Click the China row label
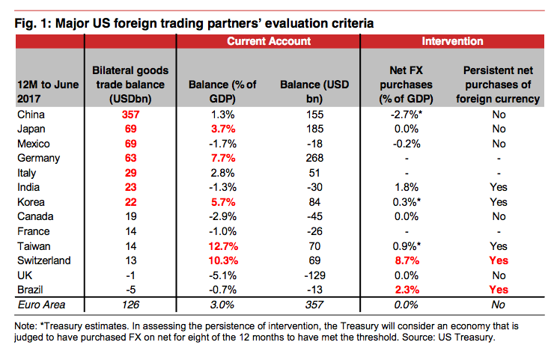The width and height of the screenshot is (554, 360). pos(32,115)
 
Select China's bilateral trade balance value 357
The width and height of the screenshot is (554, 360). pos(130,115)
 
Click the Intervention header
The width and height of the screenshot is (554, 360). pos(452,41)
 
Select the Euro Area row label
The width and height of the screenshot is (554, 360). pos(43,305)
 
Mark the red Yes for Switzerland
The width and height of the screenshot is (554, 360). pos(499,260)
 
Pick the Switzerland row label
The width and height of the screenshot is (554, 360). pos(44,260)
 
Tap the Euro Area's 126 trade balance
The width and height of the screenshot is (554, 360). pos(130,305)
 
